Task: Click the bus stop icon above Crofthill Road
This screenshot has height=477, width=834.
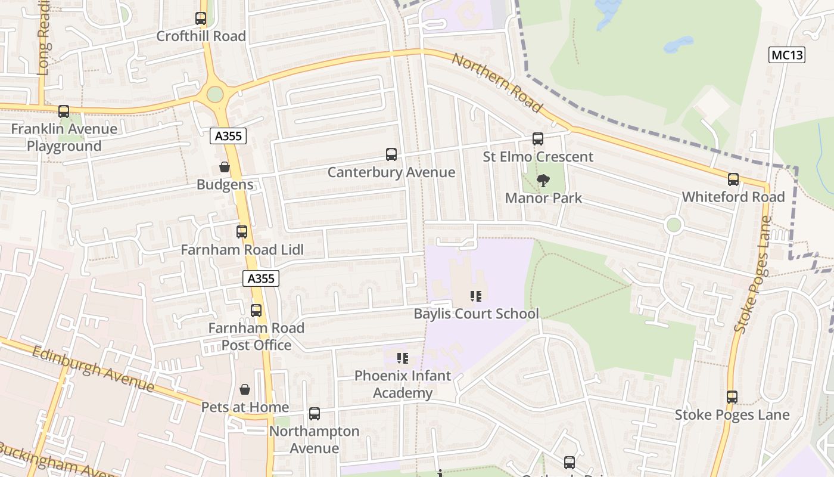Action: (x=201, y=18)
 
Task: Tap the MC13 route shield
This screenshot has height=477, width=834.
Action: (x=787, y=55)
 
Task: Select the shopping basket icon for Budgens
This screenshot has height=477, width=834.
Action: (x=225, y=167)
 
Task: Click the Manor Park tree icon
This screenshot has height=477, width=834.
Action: (x=543, y=180)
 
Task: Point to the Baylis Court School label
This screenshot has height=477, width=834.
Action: (x=476, y=314)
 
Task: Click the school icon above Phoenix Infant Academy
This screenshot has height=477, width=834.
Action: (x=403, y=358)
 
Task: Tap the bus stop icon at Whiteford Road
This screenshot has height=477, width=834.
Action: (x=733, y=179)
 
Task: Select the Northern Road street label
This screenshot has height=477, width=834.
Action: (x=497, y=83)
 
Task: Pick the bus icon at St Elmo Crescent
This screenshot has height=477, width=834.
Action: (x=537, y=139)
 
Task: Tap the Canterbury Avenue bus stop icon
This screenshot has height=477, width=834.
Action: (x=391, y=154)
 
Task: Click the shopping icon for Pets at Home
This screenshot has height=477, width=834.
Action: (x=244, y=389)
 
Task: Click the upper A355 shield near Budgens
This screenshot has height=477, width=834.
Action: (x=228, y=136)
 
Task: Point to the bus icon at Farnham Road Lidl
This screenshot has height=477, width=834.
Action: (x=242, y=232)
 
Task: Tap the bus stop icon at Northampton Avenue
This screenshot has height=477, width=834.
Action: (x=314, y=413)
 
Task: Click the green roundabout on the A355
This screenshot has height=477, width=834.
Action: (x=215, y=94)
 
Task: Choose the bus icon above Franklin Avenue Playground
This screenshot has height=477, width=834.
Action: (x=64, y=111)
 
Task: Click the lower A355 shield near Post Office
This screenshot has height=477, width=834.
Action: (x=261, y=278)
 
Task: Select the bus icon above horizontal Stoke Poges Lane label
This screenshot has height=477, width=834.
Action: (x=732, y=397)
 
